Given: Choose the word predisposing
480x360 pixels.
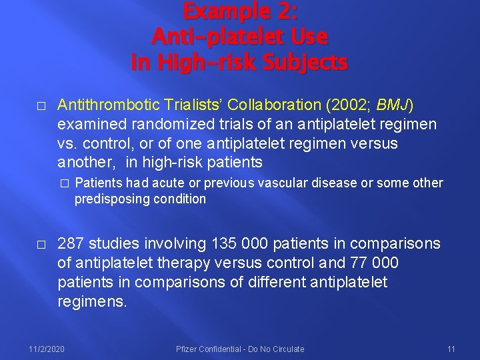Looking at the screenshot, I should click(110, 199).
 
